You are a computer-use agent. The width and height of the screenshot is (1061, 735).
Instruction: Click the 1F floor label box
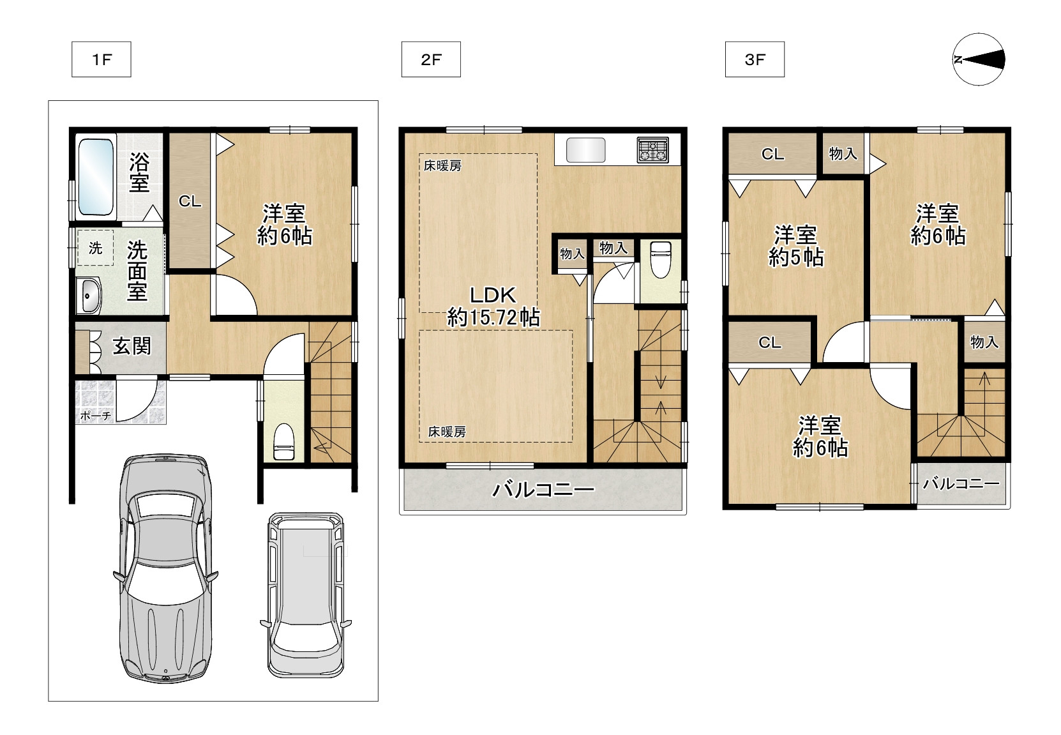click(x=102, y=59)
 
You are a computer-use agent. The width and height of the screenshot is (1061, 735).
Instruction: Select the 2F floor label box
click(x=431, y=59)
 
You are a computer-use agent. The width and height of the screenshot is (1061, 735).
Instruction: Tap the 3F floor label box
click(x=755, y=59)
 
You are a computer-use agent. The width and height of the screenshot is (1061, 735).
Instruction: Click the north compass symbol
click(x=979, y=59)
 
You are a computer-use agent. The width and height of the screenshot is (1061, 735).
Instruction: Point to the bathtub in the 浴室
click(x=96, y=177)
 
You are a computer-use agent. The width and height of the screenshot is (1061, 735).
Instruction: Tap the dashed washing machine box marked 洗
click(x=95, y=248)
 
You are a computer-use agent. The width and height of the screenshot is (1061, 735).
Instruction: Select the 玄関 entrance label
click(x=132, y=346)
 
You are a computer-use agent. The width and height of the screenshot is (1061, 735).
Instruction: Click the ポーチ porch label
click(x=96, y=416)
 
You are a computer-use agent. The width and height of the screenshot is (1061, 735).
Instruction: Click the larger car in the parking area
click(x=165, y=568)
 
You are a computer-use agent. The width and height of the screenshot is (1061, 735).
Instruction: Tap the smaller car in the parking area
click(x=306, y=595)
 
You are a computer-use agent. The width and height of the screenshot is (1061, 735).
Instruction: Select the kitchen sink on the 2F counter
click(x=585, y=150)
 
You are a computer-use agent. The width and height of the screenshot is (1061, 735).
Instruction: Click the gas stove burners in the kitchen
click(x=652, y=150)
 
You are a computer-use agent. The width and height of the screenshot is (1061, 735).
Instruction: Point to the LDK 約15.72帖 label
click(x=493, y=307)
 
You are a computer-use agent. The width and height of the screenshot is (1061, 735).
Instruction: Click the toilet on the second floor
click(x=661, y=260)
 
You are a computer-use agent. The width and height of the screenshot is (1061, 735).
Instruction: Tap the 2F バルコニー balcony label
click(x=543, y=490)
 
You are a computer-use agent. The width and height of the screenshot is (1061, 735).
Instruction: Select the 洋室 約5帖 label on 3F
click(x=795, y=246)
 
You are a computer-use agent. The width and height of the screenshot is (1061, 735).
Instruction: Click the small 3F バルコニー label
click(x=961, y=484)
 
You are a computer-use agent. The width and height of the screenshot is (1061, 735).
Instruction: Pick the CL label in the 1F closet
click(x=190, y=201)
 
